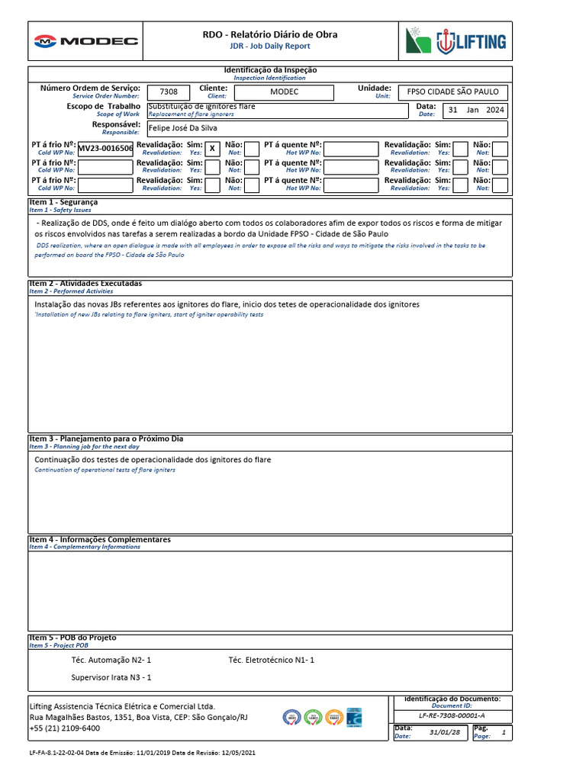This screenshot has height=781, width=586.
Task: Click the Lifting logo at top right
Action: (x=456, y=41)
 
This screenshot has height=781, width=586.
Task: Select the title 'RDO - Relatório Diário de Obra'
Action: (x=270, y=34)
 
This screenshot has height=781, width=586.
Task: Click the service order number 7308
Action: (x=169, y=92)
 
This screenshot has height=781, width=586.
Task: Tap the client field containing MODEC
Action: (x=284, y=92)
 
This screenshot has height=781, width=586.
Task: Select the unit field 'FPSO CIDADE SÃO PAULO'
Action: (x=452, y=92)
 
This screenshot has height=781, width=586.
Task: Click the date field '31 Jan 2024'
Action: (x=475, y=111)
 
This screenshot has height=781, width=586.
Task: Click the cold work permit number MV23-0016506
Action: (x=105, y=149)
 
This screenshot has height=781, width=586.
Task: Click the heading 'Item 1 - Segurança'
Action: (x=64, y=202)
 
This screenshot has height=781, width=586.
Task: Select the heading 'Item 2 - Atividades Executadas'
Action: (x=85, y=284)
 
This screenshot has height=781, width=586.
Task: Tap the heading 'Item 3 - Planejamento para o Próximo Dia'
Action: (x=106, y=439)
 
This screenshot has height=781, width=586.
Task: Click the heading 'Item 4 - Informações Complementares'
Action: (x=100, y=540)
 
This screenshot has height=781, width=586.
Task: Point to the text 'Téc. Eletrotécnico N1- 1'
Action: (x=271, y=660)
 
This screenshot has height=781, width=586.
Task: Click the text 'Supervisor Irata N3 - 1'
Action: (x=111, y=677)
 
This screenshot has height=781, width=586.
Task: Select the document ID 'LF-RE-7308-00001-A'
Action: (x=452, y=715)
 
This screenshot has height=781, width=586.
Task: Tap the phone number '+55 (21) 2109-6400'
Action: (x=64, y=728)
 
